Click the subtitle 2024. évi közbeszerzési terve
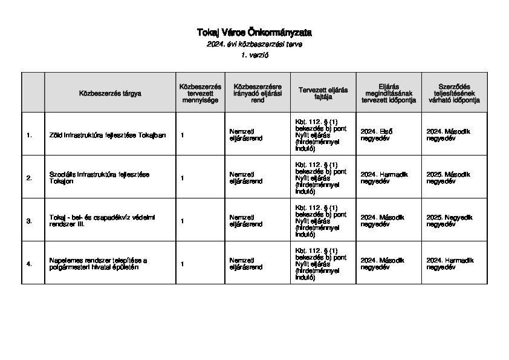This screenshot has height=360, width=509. tap(254, 44)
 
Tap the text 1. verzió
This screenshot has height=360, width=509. tap(254, 55)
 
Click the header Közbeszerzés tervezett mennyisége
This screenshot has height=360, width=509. tap(200, 93)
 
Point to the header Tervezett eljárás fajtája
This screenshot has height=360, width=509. tap(323, 93)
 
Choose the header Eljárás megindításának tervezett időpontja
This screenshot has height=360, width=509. tap(389, 93)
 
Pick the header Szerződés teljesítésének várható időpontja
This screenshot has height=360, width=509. tap(454, 93)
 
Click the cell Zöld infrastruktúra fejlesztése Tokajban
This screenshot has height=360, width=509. tap(108, 134)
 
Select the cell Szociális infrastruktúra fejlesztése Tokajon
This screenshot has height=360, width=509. tap(99, 177)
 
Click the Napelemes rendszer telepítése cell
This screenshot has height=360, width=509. tap(99, 263)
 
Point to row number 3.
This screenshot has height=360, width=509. tap(29, 221)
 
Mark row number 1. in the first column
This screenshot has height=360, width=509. tap(29, 134)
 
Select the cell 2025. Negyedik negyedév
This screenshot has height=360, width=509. tap(449, 221)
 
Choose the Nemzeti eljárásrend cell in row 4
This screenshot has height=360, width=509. tap(246, 263)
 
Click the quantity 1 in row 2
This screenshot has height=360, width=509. tap(183, 178)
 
